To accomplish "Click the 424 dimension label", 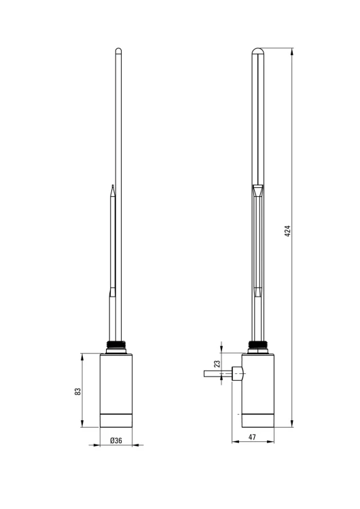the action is tap(287, 231).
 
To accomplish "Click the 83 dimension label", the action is tap(77, 391).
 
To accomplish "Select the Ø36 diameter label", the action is tap(116, 440).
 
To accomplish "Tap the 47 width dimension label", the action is tap(252, 437).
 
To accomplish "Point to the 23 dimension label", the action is tap(217, 364).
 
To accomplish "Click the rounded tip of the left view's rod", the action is tap(119, 50).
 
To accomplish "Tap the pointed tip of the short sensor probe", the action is tap(113, 186).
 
